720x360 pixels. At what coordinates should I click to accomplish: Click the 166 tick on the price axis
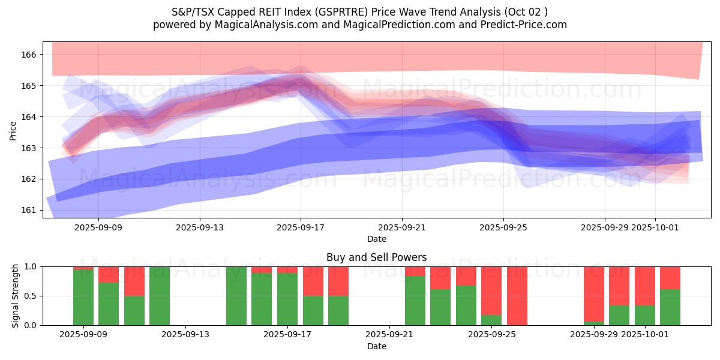pos(29,55)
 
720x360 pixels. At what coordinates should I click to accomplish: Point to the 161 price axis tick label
pos(29,210)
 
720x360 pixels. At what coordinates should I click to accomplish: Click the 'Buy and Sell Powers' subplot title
pos(376,257)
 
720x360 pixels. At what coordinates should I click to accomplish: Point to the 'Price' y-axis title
pos(13,130)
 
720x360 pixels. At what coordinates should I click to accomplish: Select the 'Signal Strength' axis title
pos(16,296)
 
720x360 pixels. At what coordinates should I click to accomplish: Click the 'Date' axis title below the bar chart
pos(376,346)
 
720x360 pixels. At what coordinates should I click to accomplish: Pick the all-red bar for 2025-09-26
pos(517,296)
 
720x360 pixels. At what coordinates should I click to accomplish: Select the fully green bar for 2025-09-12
pos(160,296)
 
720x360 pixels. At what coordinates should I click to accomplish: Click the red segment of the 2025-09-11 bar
pos(134,281)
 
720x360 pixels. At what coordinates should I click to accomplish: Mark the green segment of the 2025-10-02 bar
pos(670,307)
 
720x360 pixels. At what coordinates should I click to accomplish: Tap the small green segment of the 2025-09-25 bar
pos(491,320)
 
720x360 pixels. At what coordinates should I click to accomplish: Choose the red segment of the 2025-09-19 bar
pos(338,281)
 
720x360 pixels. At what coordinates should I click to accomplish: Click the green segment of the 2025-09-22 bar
pos(415,301)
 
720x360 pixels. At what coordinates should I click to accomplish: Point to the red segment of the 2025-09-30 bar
pos(619,286)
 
